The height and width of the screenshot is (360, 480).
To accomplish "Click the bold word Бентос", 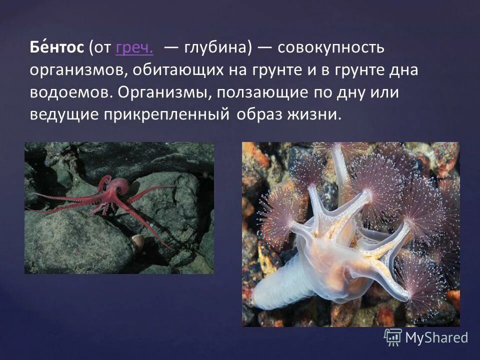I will (56, 49).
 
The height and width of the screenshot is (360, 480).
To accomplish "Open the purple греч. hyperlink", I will (134, 49).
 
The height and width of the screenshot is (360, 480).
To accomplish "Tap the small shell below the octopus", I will (138, 242).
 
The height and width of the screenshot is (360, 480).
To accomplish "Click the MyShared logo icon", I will (393, 337).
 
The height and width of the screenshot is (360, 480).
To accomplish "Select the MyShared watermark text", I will (436, 337).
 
